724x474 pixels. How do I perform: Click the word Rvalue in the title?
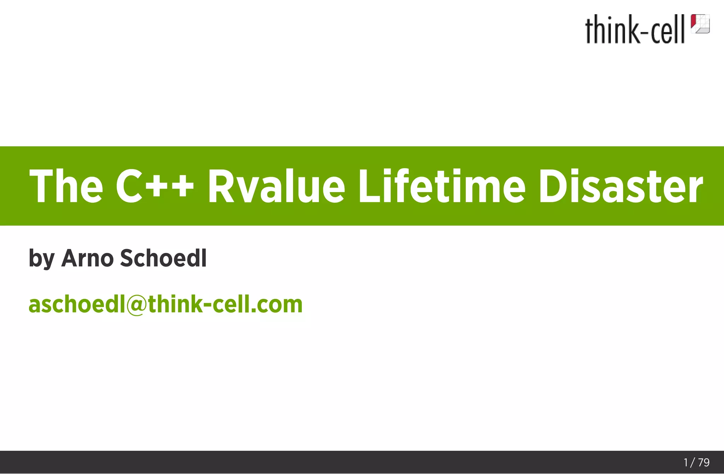[x=276, y=186]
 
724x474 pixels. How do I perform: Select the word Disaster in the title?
[x=620, y=186]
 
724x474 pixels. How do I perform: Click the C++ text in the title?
[x=155, y=186]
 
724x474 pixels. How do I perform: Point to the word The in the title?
[x=66, y=186]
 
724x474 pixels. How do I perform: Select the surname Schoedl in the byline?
[x=163, y=258]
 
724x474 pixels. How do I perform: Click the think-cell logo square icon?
[x=700, y=24]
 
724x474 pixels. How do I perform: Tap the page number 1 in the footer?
[x=686, y=462]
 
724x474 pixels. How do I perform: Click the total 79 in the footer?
[x=704, y=462]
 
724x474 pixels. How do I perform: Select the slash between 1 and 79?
[x=693, y=462]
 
